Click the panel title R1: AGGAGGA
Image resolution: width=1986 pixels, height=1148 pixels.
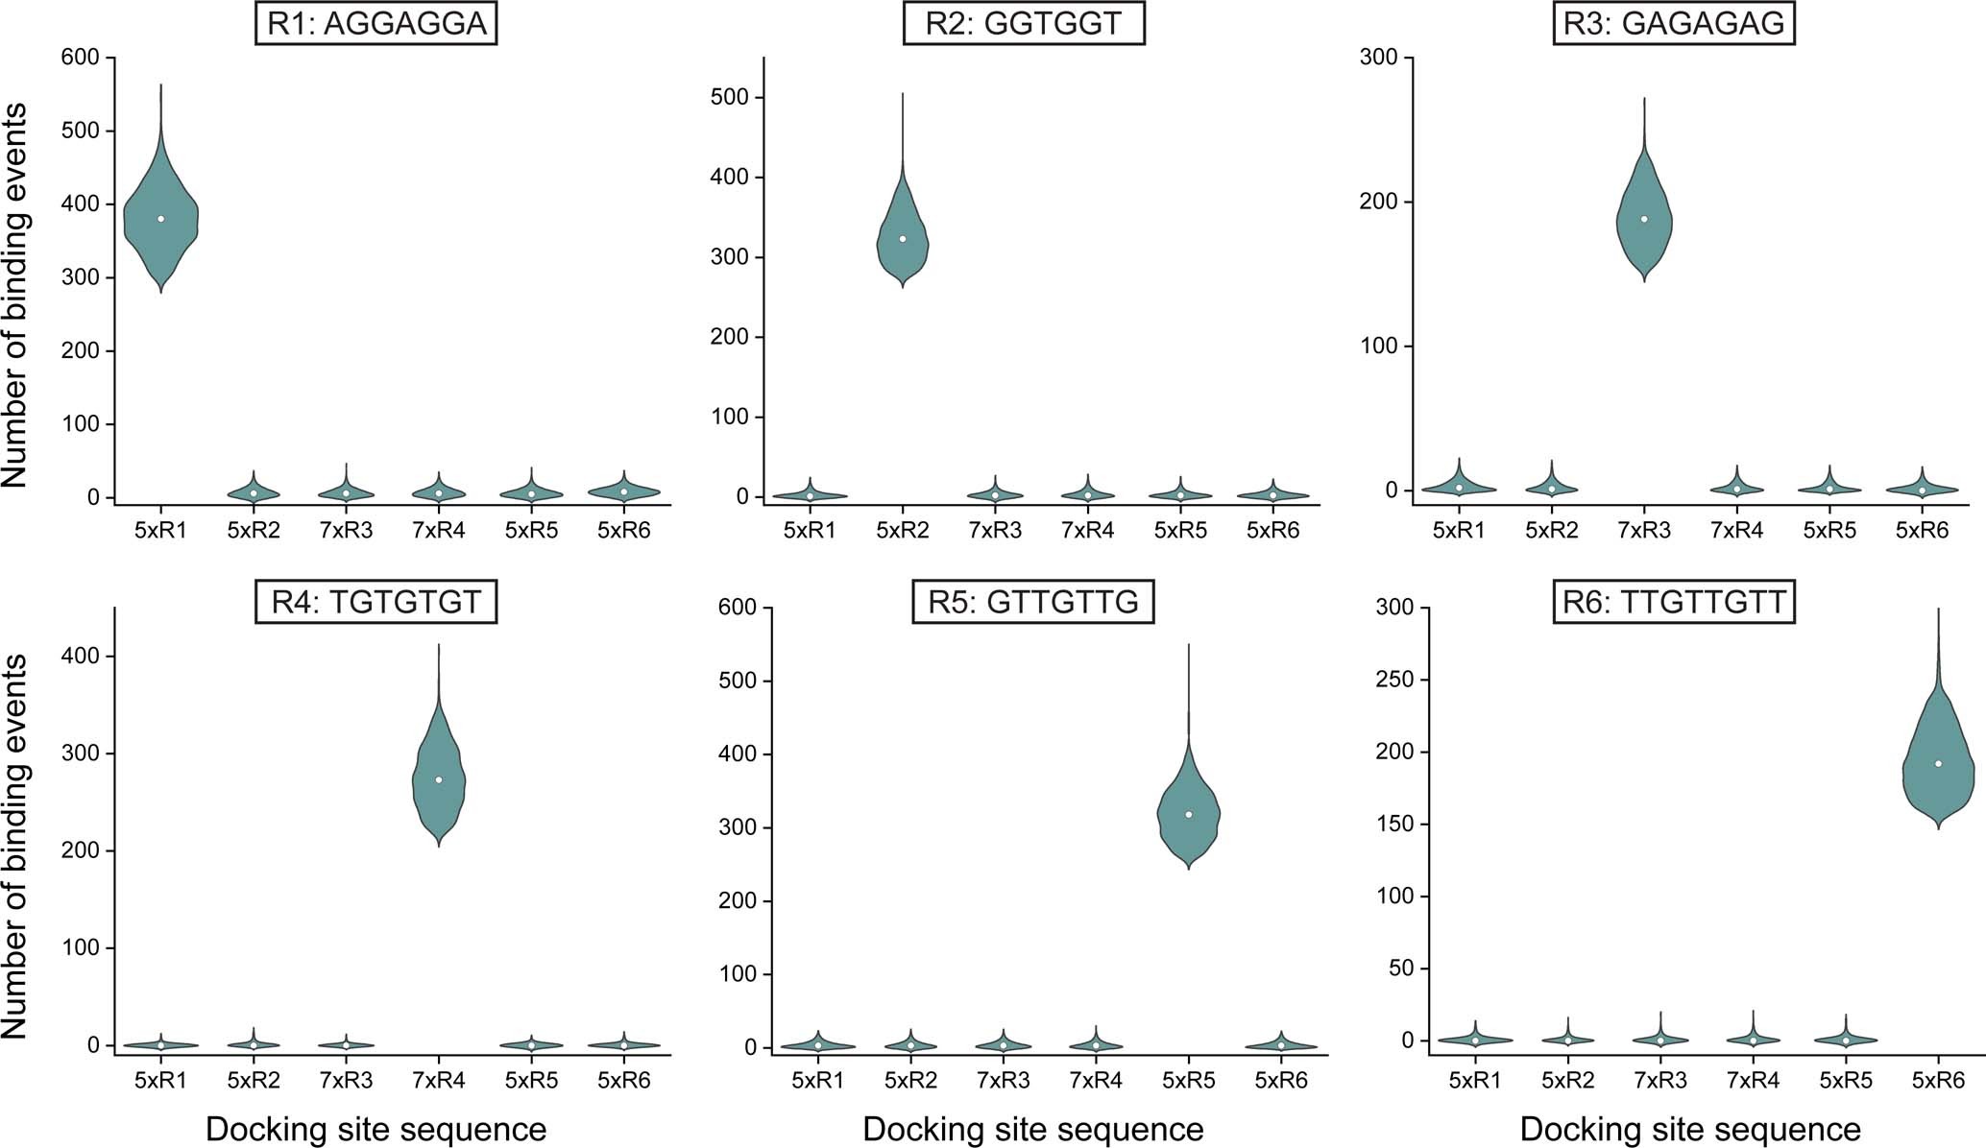click(376, 24)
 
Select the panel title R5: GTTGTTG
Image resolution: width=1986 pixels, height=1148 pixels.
click(1033, 602)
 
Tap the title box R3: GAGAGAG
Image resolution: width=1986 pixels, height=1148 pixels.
click(1674, 24)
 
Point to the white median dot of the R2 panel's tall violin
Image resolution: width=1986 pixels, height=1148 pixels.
click(903, 239)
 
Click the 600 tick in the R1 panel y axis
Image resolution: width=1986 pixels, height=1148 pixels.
click(81, 58)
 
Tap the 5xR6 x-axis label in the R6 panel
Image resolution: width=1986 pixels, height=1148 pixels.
click(1938, 1081)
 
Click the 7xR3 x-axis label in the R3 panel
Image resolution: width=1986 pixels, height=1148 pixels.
click(1644, 531)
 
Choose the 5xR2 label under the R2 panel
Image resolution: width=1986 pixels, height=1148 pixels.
click(903, 531)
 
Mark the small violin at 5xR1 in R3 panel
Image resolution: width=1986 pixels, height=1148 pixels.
click(1459, 488)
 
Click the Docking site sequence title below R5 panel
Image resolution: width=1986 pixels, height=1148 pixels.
click(1033, 1130)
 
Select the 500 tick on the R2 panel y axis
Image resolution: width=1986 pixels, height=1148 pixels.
click(732, 98)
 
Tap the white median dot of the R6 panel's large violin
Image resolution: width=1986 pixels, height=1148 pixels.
click(1938, 764)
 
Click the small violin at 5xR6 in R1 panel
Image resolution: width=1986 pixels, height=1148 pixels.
click(624, 491)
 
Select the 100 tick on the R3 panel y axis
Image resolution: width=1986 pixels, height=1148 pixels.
click(1379, 347)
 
